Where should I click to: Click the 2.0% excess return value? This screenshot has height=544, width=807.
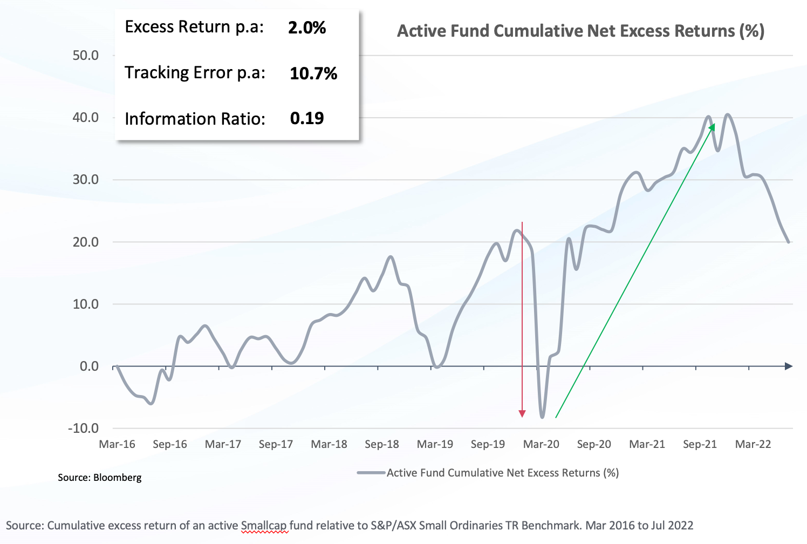[x=307, y=28]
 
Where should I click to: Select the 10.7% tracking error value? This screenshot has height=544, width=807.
[x=313, y=73]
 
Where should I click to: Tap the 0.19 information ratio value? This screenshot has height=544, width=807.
[x=307, y=118]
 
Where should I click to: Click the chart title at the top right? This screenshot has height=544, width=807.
[x=580, y=31]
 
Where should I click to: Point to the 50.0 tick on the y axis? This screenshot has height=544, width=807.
[x=86, y=56]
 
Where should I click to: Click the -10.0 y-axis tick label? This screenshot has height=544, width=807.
[x=84, y=429]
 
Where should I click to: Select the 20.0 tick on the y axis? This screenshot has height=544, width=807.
[x=86, y=242]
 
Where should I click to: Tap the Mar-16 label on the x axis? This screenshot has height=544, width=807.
[x=117, y=444]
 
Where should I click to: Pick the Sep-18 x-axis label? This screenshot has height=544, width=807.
[x=382, y=444]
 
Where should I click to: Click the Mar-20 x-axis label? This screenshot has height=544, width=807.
[x=541, y=444]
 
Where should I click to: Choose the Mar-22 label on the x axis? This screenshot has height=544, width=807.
[x=753, y=444]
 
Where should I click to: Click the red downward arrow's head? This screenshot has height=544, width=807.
[x=522, y=414]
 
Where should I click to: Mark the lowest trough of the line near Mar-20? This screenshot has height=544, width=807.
[x=542, y=417]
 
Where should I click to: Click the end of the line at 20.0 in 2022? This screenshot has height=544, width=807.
[x=789, y=242]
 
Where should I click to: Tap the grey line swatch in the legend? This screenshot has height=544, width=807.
[x=371, y=473]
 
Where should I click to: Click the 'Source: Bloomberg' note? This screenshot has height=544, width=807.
[x=100, y=478]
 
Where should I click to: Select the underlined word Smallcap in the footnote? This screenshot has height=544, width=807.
[x=264, y=526]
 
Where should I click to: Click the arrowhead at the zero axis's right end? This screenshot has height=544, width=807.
[x=789, y=366]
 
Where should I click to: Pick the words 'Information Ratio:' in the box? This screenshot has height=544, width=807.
[x=195, y=119]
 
